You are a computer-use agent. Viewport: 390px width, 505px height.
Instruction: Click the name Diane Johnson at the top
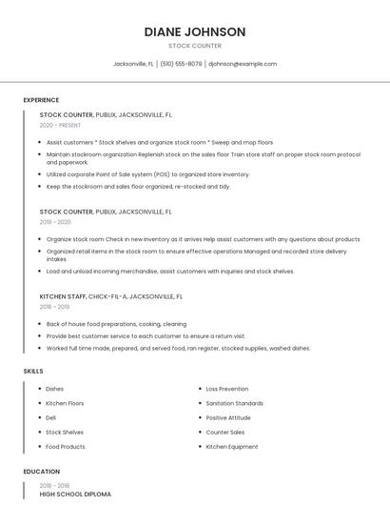pyautogui.click(x=195, y=31)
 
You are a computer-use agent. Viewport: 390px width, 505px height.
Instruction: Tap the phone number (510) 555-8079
pyautogui.click(x=181, y=64)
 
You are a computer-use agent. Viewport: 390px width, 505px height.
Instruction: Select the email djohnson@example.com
pyautogui.click(x=243, y=64)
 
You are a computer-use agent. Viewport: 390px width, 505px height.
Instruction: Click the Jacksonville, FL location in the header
pyautogui.click(x=133, y=64)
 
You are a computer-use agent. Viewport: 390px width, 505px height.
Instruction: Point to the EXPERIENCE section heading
pyautogui.click(x=41, y=100)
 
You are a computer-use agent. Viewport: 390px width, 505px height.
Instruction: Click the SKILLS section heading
pyautogui.click(x=32, y=371)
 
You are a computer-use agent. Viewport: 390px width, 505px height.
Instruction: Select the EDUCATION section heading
pyautogui.click(x=41, y=472)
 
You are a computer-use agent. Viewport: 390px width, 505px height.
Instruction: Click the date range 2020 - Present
pyautogui.click(x=61, y=125)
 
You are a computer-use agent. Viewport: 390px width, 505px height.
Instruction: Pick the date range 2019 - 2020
pyautogui.click(x=55, y=221)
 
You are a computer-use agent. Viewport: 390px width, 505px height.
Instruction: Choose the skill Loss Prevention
pyautogui.click(x=227, y=389)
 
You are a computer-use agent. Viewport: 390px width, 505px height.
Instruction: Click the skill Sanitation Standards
pyautogui.click(x=235, y=403)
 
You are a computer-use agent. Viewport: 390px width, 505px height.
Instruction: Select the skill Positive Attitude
pyautogui.click(x=229, y=417)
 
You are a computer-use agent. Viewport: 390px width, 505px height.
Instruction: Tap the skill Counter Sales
pyautogui.click(x=225, y=432)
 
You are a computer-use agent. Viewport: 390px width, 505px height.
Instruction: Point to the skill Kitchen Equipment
pyautogui.click(x=232, y=446)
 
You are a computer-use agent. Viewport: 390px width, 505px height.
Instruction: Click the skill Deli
pyautogui.click(x=51, y=417)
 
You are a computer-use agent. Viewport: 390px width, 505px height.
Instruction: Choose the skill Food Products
pyautogui.click(x=66, y=446)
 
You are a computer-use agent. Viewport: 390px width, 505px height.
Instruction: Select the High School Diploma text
pyautogui.click(x=75, y=495)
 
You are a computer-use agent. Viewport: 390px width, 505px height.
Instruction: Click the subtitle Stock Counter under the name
pyautogui.click(x=195, y=46)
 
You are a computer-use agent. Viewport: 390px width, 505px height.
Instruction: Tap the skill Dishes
pyautogui.click(x=55, y=389)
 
